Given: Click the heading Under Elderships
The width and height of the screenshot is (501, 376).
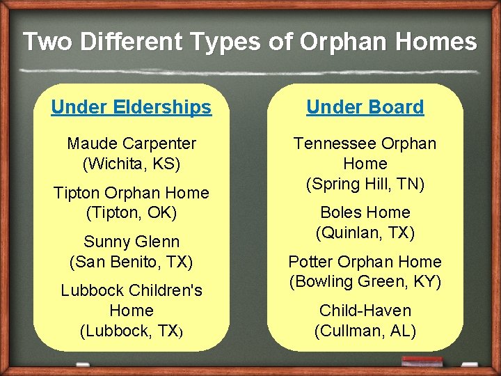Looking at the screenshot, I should coord(131,107).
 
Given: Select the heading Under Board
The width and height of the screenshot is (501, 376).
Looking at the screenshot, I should coord(365,107).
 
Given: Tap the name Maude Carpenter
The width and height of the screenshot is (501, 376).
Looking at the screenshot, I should coord(132,144).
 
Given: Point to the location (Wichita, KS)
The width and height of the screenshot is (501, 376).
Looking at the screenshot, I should coord(132,164).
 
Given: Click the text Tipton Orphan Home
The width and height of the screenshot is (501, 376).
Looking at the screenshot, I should coord(132,193).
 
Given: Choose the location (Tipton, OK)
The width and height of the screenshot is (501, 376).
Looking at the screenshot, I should coord(132,212).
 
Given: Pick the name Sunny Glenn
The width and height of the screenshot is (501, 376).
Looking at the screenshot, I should coord(132,242).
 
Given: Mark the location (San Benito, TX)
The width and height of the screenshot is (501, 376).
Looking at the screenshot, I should coord(132,262).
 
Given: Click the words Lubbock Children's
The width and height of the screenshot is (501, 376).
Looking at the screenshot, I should coord(132,290).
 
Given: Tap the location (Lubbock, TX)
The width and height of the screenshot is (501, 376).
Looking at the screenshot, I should coord(132,330).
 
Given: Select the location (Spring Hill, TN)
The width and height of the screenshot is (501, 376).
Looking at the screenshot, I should coord(365,184).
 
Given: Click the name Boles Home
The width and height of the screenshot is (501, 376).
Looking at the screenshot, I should coord(365,212).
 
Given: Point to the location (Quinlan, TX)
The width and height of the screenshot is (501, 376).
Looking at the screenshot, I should coord(365,233).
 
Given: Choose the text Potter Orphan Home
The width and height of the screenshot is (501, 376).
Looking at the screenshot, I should coord(365,262).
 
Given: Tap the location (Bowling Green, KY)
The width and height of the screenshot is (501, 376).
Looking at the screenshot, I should coord(365,282).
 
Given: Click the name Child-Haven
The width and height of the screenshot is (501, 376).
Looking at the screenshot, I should coord(365,311).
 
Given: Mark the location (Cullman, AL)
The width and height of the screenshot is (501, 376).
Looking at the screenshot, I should coord(365,330).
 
